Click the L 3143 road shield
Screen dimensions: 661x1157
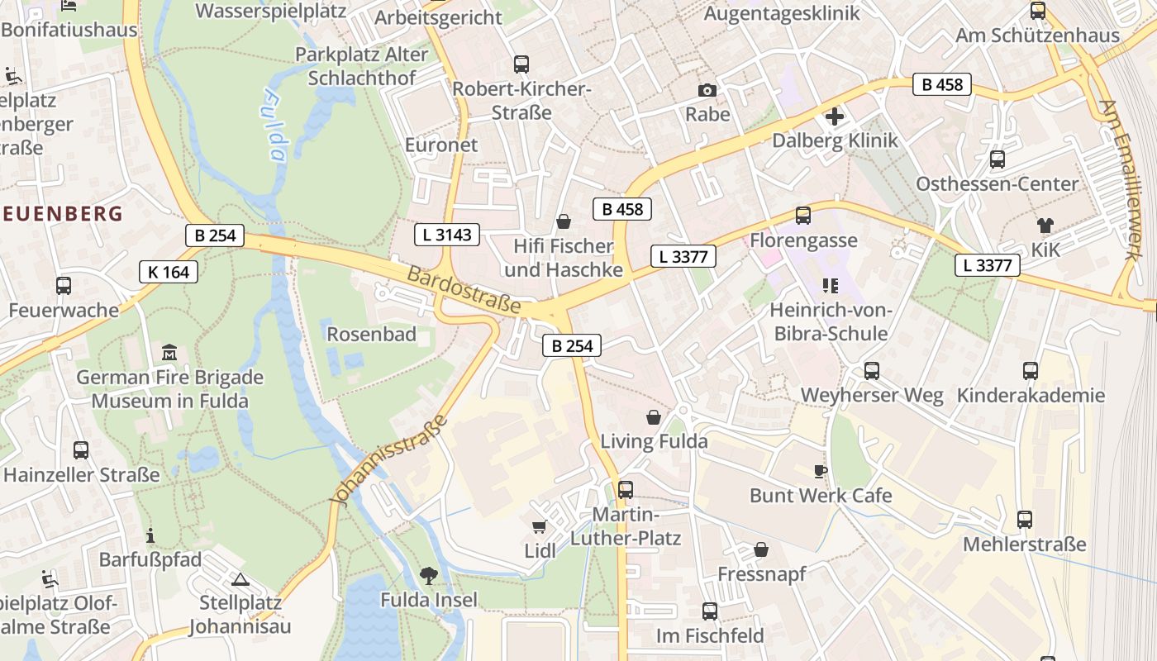pos(446,235)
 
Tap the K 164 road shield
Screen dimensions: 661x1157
pos(169,271)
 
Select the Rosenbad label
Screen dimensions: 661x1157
pos(371,335)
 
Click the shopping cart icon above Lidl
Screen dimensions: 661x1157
pos(539,526)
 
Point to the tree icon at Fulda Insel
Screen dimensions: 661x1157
pos(428,575)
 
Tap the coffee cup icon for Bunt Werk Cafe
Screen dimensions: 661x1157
pos(820,471)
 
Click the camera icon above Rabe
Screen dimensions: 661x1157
pos(707,90)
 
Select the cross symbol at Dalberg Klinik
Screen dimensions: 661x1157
pos(835,116)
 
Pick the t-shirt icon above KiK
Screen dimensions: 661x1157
pos(1045,225)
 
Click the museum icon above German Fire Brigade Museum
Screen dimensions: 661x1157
pos(169,353)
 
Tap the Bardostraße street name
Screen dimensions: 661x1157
pos(464,289)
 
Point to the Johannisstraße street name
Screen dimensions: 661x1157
pos(388,459)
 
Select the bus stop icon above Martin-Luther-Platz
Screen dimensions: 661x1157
pos(626,489)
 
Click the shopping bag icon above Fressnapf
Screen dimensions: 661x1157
pos(761,549)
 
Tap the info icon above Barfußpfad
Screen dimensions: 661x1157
pos(150,535)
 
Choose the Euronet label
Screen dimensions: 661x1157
pos(441,145)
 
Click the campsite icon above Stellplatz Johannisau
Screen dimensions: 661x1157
pos(240,579)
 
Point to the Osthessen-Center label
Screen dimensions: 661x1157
pos(997,183)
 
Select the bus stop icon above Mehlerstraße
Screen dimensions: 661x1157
pos(1025,520)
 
